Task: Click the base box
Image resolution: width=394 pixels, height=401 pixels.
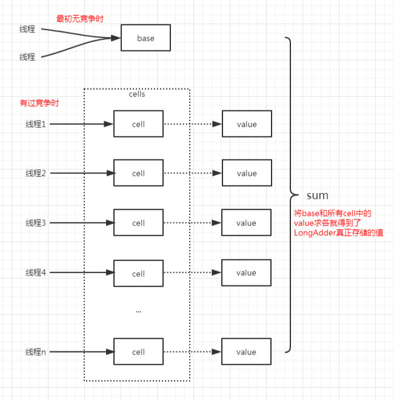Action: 145,38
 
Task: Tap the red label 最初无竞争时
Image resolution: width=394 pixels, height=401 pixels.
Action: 79,19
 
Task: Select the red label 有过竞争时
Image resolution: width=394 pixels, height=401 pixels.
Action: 39,103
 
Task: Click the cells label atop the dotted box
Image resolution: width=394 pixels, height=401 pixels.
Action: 137,94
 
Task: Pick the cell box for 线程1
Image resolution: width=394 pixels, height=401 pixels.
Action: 138,124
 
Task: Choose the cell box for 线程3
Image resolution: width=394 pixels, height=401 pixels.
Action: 138,222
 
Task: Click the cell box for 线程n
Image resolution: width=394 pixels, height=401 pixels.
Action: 138,352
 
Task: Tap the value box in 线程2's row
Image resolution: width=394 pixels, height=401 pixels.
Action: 247,173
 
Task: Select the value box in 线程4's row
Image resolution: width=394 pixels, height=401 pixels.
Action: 246,273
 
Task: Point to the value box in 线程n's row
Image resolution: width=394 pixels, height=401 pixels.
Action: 246,352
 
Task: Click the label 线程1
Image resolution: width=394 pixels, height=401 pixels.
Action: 36,124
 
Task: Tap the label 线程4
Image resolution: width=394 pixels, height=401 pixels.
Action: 36,273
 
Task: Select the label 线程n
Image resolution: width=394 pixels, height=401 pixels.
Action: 36,352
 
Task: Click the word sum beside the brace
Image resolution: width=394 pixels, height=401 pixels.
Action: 318,196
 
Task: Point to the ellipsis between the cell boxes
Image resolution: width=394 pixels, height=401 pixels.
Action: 138,312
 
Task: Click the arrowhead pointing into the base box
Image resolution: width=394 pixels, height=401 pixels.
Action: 116,38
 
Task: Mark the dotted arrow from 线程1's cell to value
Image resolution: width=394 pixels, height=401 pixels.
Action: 193,124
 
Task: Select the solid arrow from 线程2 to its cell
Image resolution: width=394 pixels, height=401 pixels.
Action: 82,173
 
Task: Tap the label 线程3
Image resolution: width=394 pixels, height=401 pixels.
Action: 36,223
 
